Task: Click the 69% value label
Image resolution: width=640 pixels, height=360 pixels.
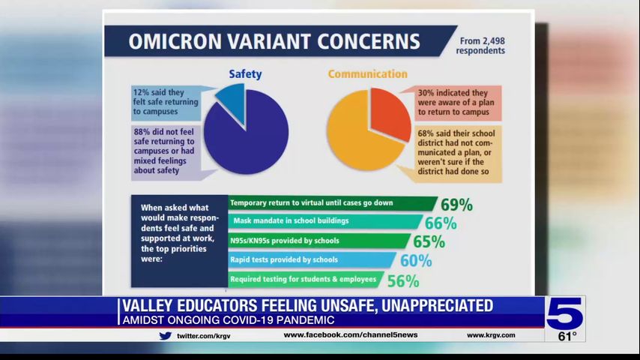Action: pos(456,205)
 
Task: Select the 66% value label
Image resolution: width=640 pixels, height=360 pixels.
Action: pos(441,223)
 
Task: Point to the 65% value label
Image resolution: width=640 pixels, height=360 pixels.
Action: pos(429,241)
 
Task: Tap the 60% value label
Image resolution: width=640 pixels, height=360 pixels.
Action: pos(416,261)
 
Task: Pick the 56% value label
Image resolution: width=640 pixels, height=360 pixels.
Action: pos(402,281)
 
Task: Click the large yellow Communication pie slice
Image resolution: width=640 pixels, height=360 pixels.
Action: pos(356,139)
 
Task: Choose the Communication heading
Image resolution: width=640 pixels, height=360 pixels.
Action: pos(367,74)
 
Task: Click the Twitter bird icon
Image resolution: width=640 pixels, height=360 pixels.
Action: pos(166,335)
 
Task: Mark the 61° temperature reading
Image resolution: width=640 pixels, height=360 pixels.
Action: pos(567,336)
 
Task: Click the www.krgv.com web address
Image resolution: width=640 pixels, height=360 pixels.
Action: pos(491,335)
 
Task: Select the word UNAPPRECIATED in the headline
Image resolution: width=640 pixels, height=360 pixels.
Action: pos(422,306)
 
